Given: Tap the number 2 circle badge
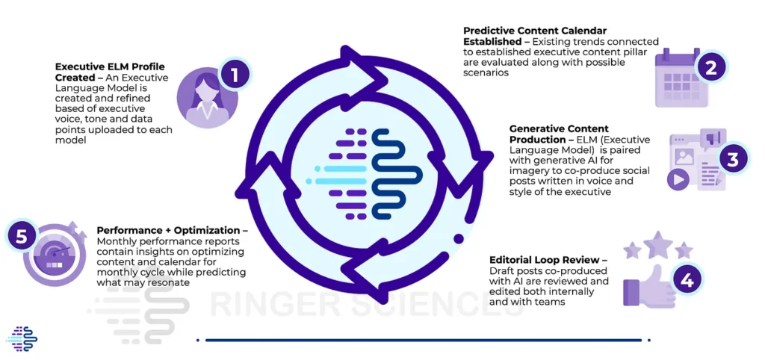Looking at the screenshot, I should coord(710,68).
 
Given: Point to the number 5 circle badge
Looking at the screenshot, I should coord(22,237).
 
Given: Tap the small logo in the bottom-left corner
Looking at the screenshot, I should coord(21,338).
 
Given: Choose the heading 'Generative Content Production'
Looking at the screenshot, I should coord(560,134).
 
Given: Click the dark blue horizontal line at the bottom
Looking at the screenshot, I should coord(422,340).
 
